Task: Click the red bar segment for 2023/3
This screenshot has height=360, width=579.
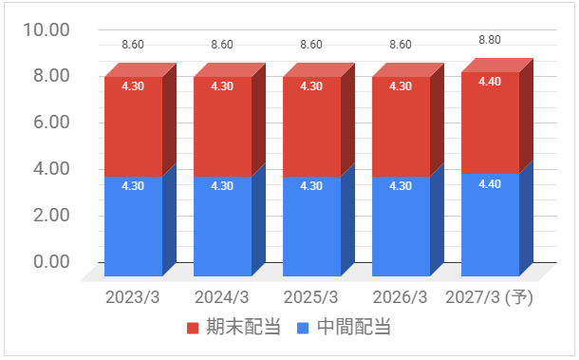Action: tap(133, 126)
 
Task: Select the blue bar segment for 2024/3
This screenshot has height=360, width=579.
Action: tap(223, 226)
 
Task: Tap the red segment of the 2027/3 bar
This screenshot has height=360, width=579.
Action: tap(490, 123)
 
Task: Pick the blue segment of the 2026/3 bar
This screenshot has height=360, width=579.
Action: tap(401, 226)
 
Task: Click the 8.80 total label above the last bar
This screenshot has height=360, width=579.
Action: tap(490, 40)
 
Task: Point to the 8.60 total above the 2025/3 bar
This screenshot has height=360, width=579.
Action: tap(311, 45)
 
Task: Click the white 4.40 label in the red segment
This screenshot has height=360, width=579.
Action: tap(490, 82)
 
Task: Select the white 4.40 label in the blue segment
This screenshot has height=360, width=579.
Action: tap(490, 183)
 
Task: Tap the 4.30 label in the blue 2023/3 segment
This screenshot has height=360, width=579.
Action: tap(133, 185)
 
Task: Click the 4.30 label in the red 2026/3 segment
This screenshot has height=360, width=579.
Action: tap(401, 86)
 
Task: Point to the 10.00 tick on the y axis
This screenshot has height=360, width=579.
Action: tap(47, 29)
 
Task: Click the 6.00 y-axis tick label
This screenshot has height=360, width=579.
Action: tap(51, 122)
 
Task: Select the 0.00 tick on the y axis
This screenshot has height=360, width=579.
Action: tap(51, 261)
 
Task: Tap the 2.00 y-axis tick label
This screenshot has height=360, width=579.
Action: tap(51, 215)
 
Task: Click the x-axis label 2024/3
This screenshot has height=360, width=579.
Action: tap(222, 297)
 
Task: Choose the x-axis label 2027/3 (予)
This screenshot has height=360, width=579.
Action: tap(489, 297)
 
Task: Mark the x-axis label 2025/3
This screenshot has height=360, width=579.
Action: tap(311, 297)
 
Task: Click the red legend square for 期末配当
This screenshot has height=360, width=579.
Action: tap(193, 328)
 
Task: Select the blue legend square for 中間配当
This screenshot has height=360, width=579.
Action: tap(303, 328)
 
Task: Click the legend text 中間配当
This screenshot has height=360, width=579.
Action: tap(354, 327)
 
